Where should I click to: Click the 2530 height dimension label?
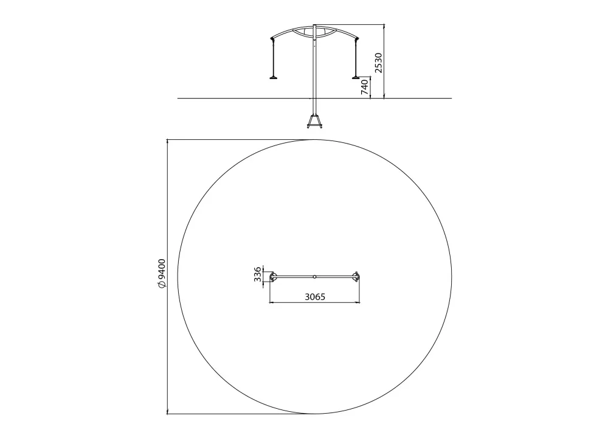pos(378,63)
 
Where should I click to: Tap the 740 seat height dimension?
pos(364,87)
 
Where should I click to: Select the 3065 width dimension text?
pos(315,297)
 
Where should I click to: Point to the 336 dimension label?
pos(257,274)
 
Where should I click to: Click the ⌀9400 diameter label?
pos(162,273)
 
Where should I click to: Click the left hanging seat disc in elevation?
pos(274,77)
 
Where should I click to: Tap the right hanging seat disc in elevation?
pos(356,77)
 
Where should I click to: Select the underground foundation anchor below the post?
pos(314,121)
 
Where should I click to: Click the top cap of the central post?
pos(314,26)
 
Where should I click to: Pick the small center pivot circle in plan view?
pos(314,277)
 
